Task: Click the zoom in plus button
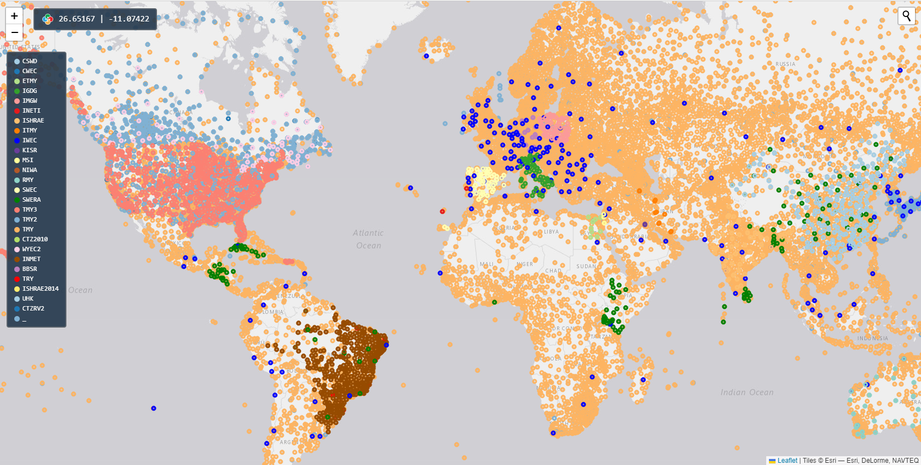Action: [14, 16]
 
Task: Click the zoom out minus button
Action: [14, 32]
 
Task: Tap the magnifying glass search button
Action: [906, 16]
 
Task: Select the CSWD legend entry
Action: [30, 62]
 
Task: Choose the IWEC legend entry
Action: [30, 141]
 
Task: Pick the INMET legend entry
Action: [31, 259]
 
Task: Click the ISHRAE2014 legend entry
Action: [40, 289]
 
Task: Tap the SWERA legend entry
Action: [31, 200]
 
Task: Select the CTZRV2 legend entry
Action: [33, 309]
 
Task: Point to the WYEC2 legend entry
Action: [31, 250]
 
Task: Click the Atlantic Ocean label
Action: [368, 239]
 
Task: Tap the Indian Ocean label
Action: [747, 392]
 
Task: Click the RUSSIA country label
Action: [785, 64]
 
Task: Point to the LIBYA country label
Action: [551, 232]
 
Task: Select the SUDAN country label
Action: [586, 267]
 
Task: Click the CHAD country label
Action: [553, 271]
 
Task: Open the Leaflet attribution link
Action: [787, 461]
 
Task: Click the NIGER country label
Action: [525, 264]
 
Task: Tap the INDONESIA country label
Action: [873, 339]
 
